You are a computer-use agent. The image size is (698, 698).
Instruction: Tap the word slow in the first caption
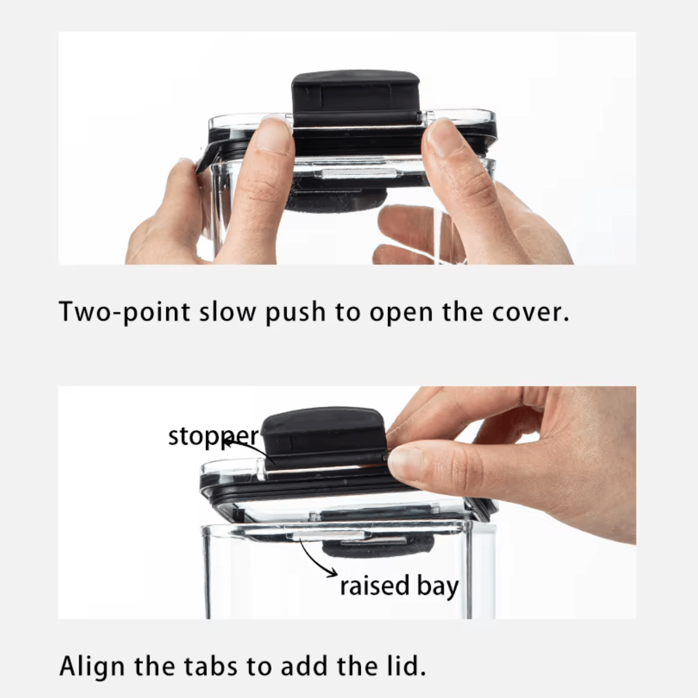click(x=228, y=311)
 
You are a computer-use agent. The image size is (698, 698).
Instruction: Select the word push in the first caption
click(x=295, y=312)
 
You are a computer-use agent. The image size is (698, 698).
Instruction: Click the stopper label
click(x=213, y=437)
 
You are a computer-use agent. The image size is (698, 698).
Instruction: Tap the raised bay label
click(x=399, y=586)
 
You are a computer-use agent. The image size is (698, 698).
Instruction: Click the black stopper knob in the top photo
click(x=356, y=98)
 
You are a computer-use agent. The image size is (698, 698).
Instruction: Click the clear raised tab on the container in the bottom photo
click(x=328, y=536)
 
